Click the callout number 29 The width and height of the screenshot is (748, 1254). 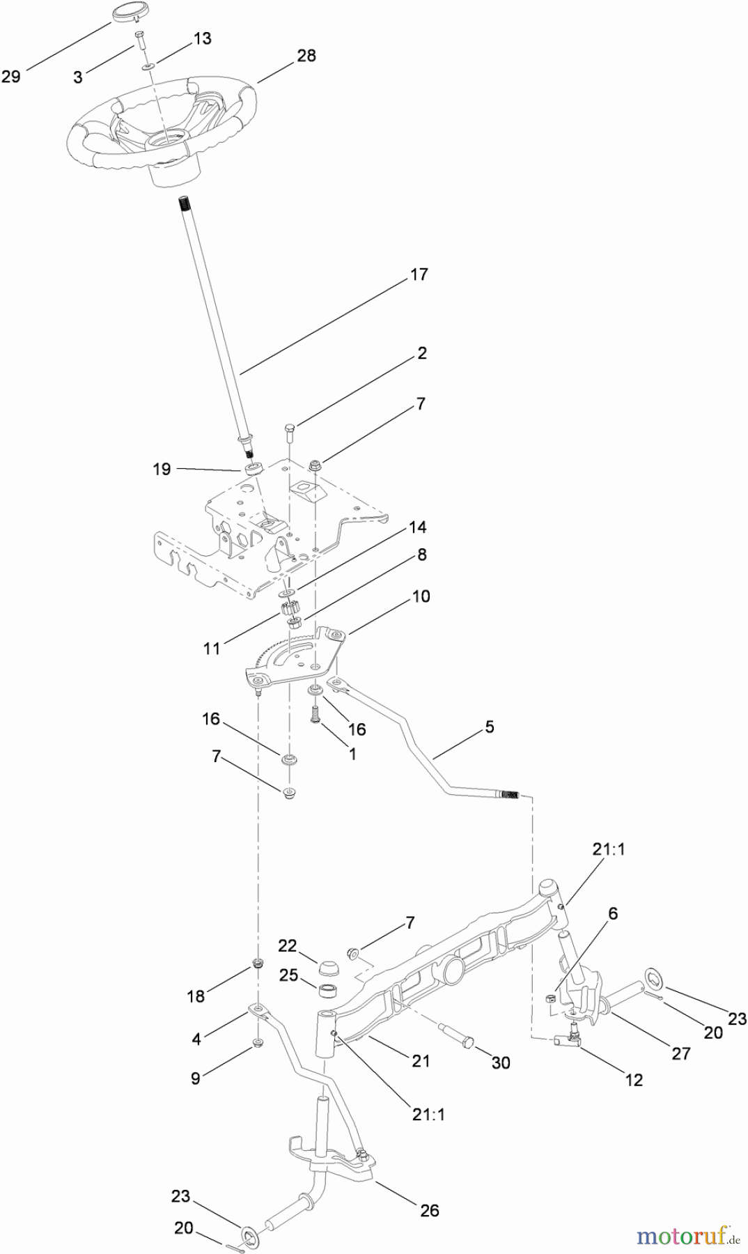10,76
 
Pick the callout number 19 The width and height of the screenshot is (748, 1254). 162,469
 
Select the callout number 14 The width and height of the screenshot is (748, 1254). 417,527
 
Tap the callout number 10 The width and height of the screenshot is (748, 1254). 421,596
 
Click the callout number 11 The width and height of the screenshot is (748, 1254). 212,649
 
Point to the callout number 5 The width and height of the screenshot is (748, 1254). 489,727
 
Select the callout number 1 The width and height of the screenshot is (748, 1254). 352,754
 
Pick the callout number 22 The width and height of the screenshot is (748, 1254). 288,945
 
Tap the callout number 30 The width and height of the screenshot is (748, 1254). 501,1062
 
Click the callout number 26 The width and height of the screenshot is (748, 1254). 430,1210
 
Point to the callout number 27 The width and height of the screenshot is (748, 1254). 680,1053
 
